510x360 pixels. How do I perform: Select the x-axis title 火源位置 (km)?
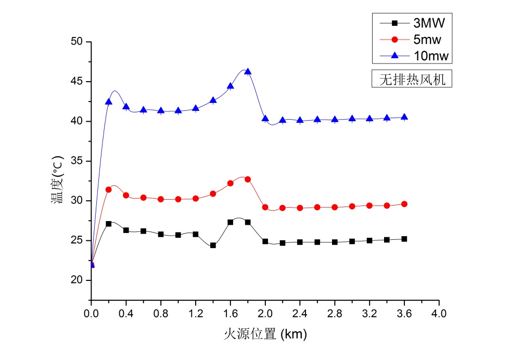point(265,334)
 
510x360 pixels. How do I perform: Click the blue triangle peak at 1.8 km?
point(248,72)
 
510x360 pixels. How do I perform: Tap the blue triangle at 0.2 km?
point(109,102)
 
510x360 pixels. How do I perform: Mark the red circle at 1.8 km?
point(248,179)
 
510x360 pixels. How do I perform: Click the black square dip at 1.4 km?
point(213,245)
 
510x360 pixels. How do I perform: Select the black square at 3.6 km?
point(404,239)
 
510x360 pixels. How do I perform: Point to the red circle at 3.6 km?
point(404,204)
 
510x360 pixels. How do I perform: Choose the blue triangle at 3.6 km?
point(404,117)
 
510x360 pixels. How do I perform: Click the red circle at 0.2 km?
point(109,189)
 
